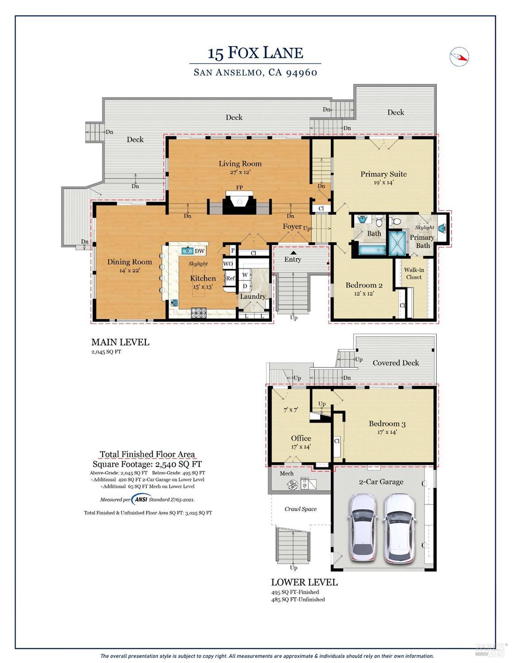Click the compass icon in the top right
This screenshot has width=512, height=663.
[459, 57]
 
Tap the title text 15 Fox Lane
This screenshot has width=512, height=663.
[255, 53]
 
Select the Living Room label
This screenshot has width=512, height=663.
[240, 164]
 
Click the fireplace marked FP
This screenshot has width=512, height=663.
[239, 203]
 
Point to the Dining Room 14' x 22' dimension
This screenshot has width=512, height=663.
[129, 270]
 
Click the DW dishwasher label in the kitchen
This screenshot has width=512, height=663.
[200, 251]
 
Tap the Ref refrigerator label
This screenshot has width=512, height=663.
[230, 278]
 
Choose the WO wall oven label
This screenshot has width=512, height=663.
[228, 264]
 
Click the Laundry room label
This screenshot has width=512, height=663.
[253, 296]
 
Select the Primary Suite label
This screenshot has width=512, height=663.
[383, 174]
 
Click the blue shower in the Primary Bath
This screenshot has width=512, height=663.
[398, 243]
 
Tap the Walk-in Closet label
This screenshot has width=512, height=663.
[414, 273]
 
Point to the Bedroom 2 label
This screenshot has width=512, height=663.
[364, 285]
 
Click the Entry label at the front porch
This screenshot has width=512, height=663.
[292, 259]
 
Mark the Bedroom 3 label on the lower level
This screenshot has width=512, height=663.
[387, 424]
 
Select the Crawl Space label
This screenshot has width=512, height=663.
[300, 509]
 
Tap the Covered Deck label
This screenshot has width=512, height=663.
[395, 363]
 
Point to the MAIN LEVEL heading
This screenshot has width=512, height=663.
[120, 342]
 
